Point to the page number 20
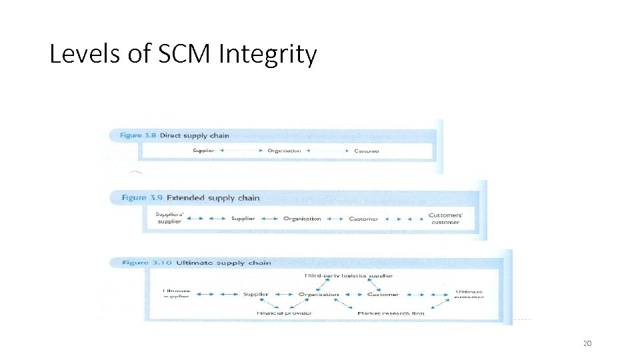pos(587,343)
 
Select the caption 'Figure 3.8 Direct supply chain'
pos(175,135)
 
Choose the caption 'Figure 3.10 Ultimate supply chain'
pos(197,263)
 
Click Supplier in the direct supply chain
pos(203,151)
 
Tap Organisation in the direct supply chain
pos(284,151)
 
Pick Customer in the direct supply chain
pos(367,151)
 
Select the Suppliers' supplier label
pos(169,218)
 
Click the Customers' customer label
pos(445,219)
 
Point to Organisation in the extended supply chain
pos(302,219)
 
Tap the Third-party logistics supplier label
pos(348,275)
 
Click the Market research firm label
pos(391,313)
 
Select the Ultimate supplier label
pos(177,293)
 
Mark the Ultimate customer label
pos(469,294)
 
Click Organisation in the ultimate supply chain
pos(319,294)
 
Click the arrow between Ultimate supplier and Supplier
pos(207,294)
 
